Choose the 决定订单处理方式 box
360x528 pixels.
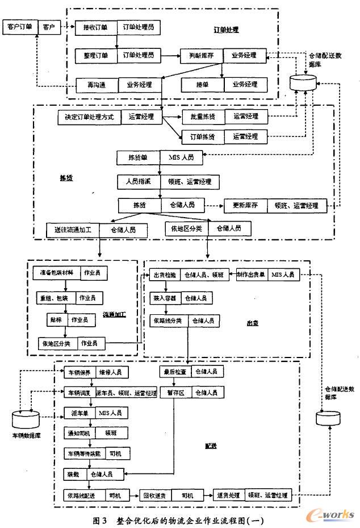point(89,118)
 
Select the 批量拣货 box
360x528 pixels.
point(202,116)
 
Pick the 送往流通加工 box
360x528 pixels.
point(73,230)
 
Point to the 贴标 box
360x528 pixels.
point(56,320)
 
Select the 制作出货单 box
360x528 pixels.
point(252,275)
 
